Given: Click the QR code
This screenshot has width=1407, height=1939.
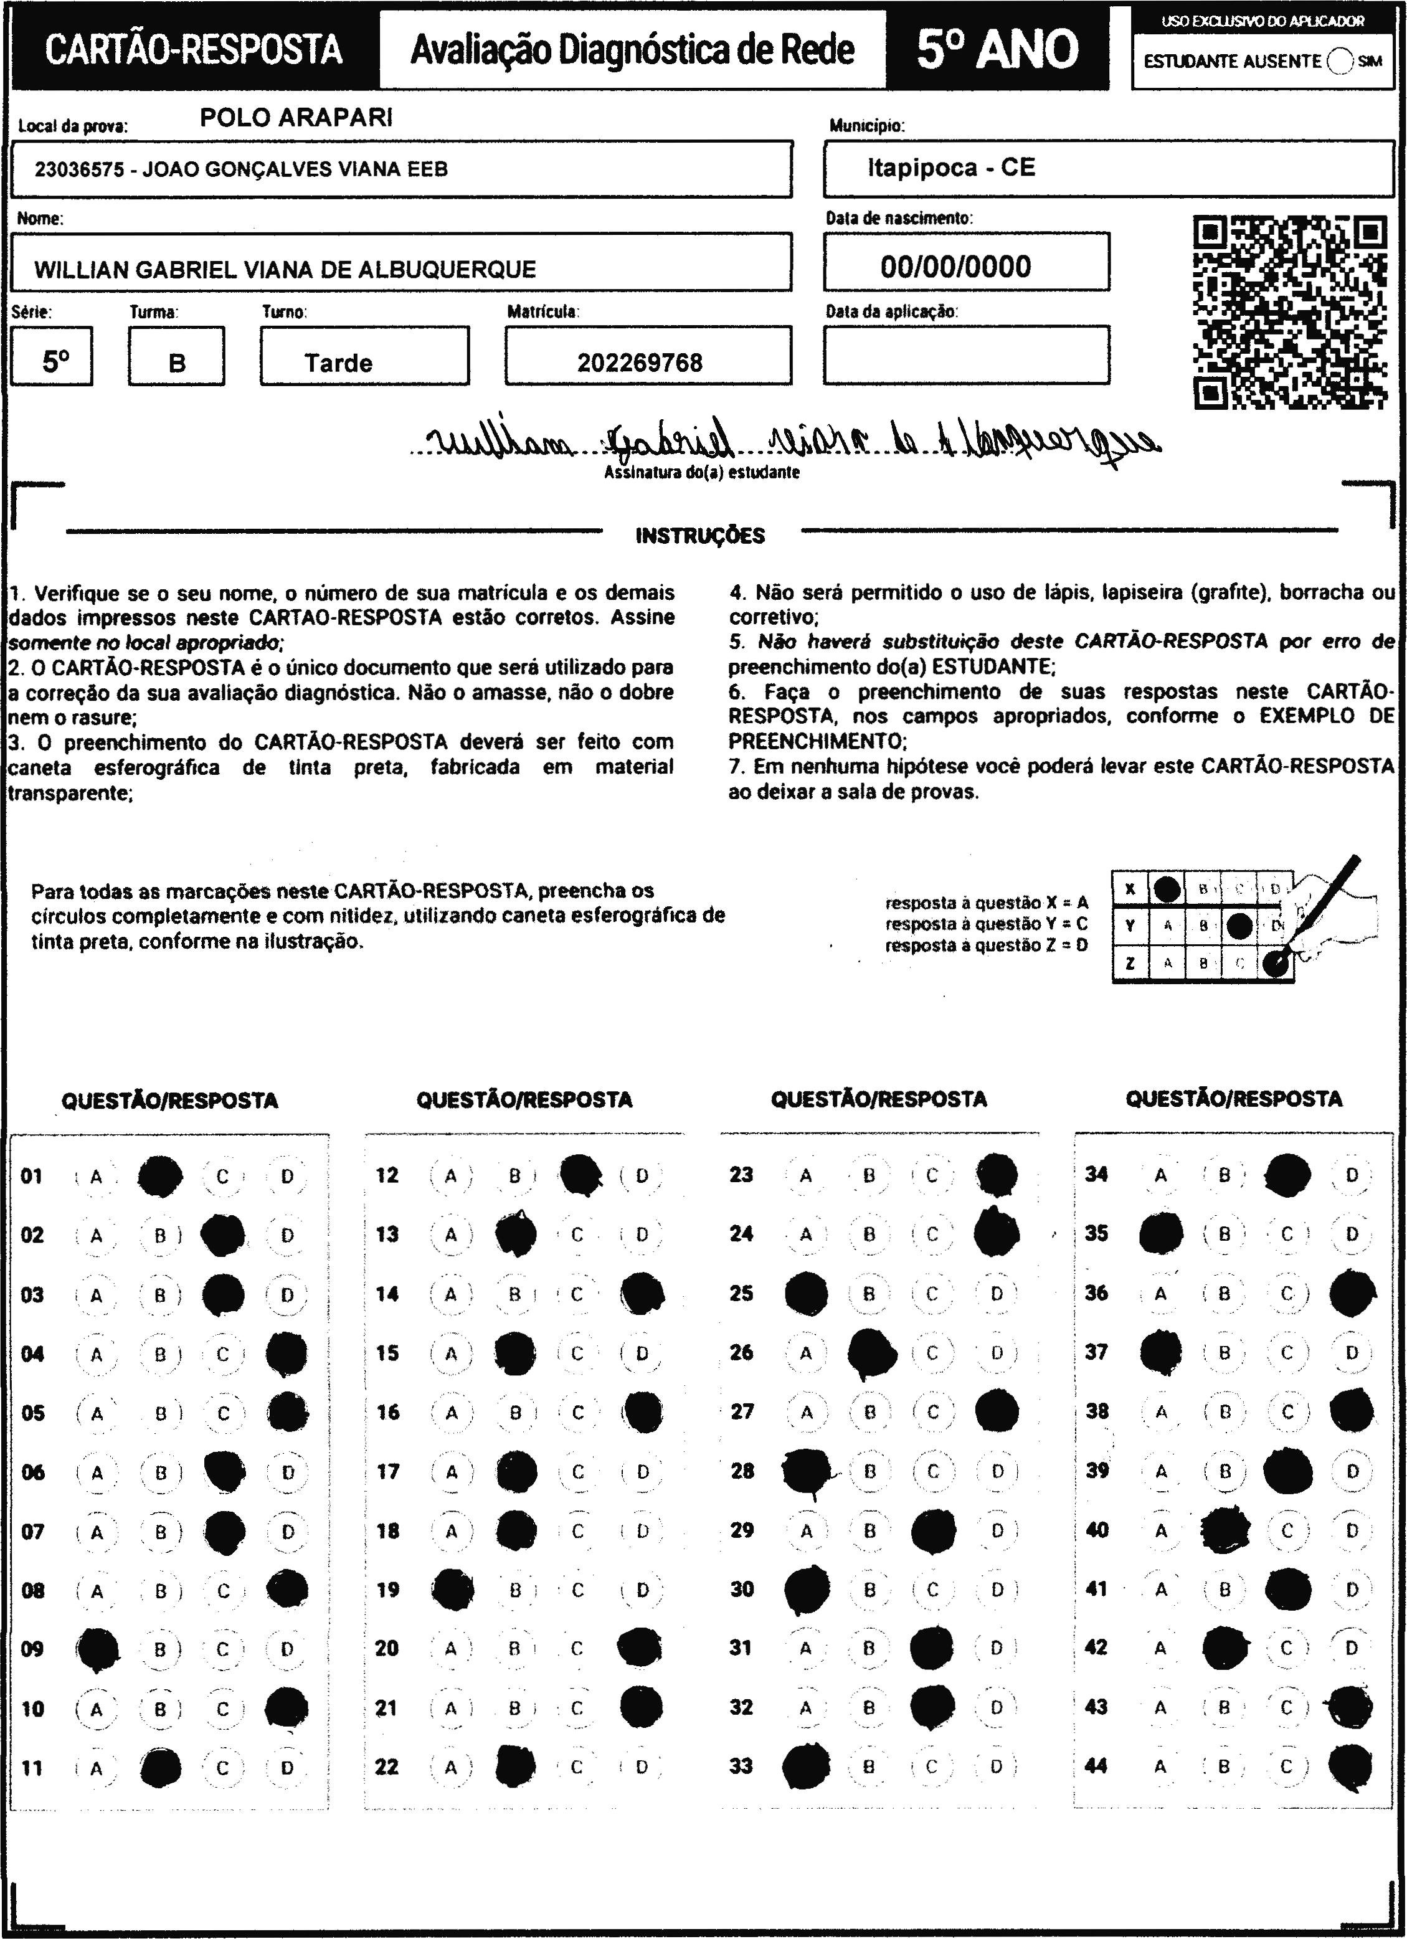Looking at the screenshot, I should [x=1289, y=312].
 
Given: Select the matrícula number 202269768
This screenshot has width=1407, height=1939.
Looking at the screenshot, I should [x=640, y=363].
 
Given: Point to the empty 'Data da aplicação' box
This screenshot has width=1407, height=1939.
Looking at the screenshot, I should [x=966, y=355].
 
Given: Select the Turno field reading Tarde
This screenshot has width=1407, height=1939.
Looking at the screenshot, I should [x=338, y=363].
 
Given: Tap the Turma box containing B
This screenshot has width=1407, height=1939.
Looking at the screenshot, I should [x=177, y=363].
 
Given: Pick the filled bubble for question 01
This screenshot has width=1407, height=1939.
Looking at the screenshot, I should [x=160, y=1177].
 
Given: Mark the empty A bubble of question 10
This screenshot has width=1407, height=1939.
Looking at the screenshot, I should [x=97, y=1709].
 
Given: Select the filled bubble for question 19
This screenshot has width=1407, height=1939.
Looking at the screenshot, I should [x=453, y=1590].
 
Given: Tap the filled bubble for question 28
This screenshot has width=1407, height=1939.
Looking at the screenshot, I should [x=806, y=1471].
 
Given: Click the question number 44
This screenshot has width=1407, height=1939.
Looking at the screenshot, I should [x=1096, y=1765].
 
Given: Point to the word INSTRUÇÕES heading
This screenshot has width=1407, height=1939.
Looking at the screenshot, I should [x=700, y=536].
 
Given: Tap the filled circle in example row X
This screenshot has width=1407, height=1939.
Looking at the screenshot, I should [x=1168, y=889].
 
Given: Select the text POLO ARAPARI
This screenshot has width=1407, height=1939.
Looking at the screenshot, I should [x=296, y=118].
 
